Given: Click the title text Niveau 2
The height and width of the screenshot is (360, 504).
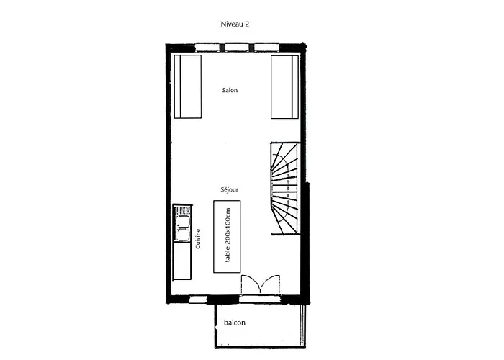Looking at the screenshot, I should (x=235, y=24).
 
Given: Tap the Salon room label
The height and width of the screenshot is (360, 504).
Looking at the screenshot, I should (x=230, y=91).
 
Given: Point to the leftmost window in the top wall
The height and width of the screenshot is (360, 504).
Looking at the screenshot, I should (x=207, y=49).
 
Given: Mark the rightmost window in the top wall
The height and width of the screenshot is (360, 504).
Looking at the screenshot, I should (x=266, y=49).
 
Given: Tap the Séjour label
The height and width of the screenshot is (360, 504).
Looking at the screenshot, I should (x=230, y=189).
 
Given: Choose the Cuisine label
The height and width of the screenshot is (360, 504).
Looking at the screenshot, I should (x=198, y=238).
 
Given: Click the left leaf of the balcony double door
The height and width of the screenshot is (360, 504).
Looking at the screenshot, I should (x=249, y=285).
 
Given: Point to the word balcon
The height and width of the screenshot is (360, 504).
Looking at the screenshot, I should (x=234, y=323).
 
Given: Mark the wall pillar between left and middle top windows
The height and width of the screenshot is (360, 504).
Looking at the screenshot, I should (x=220, y=49).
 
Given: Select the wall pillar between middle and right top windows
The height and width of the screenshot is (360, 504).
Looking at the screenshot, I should (x=251, y=49).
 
